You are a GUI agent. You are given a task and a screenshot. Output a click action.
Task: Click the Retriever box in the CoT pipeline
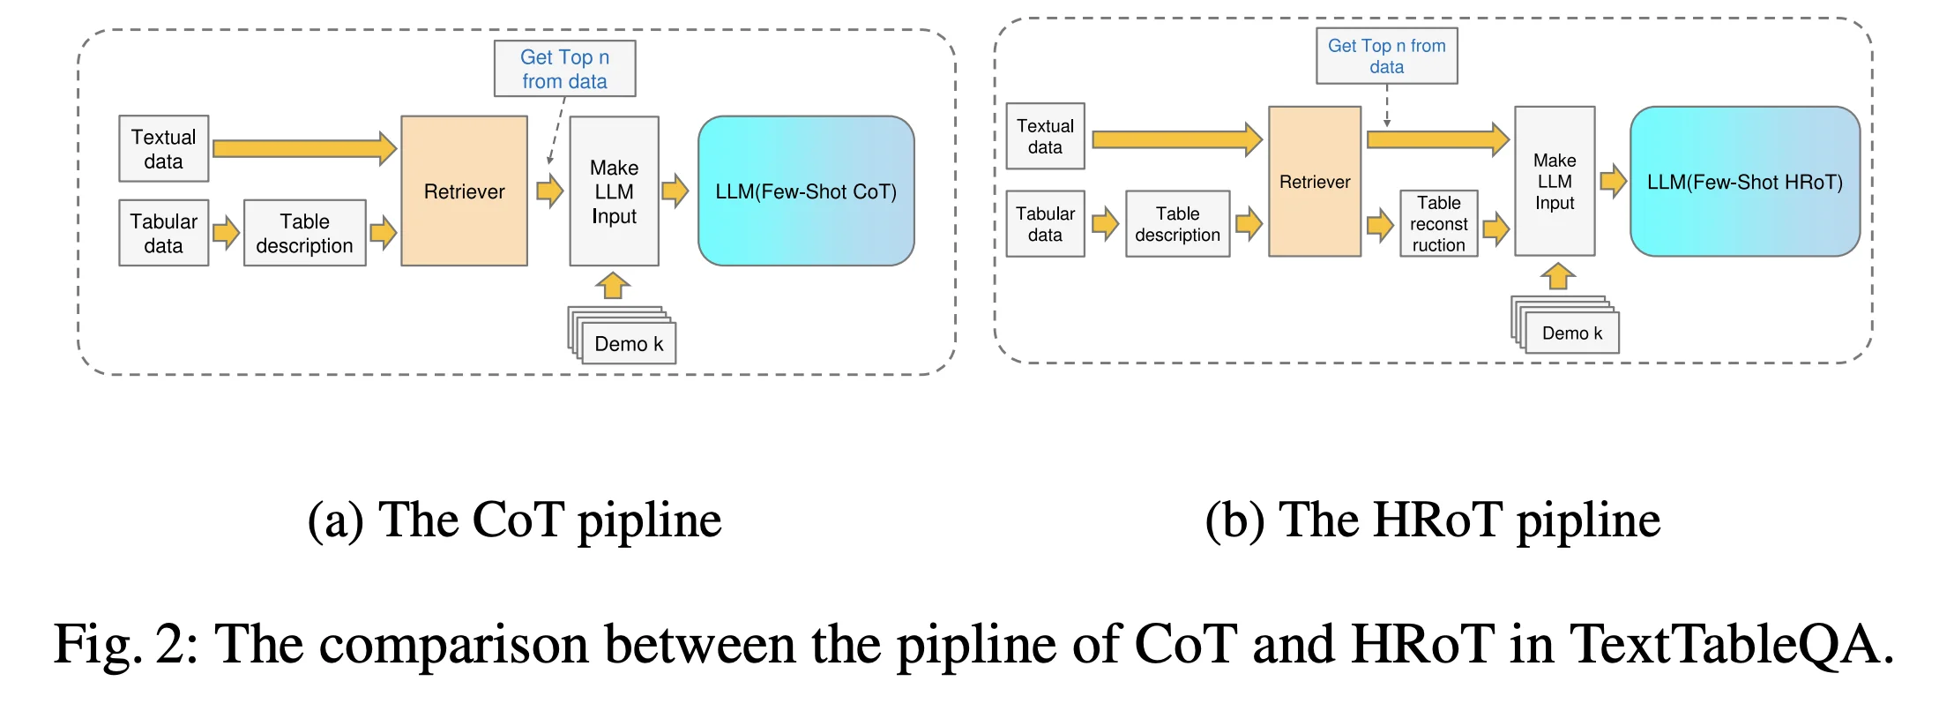tap(464, 191)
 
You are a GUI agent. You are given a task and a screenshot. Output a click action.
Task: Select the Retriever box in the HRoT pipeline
tap(1314, 182)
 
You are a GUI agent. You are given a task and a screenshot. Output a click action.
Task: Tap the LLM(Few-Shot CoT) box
tap(806, 191)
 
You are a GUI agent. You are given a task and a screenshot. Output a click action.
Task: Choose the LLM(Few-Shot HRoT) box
tap(1744, 182)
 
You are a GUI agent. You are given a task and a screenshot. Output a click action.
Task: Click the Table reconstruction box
tap(1438, 224)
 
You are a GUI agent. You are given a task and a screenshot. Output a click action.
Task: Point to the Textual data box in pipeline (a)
tap(164, 148)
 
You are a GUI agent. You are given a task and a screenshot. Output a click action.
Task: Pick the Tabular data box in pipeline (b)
tap(1045, 224)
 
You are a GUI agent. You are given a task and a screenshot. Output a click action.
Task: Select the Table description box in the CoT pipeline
tap(304, 233)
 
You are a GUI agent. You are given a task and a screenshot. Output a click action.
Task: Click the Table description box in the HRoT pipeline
tap(1177, 224)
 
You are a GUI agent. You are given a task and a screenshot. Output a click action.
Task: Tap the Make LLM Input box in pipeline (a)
tap(614, 191)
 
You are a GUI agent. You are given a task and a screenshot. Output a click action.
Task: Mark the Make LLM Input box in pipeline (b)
tap(1554, 181)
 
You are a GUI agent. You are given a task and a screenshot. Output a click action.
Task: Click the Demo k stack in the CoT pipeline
tap(623, 335)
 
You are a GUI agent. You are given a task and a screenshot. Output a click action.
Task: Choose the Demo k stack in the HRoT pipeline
tap(1565, 325)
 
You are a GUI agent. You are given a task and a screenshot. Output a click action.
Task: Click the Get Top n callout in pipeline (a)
tap(564, 69)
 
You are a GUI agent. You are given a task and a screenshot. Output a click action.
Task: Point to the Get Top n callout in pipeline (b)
tap(1386, 56)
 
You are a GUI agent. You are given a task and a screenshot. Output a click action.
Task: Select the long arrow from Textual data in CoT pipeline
tap(305, 148)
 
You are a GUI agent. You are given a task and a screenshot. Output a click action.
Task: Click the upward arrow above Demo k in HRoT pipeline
tap(1557, 275)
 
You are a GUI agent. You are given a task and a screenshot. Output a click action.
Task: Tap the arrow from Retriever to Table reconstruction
tap(1380, 225)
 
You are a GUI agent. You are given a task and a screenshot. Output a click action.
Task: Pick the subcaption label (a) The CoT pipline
tap(514, 520)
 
